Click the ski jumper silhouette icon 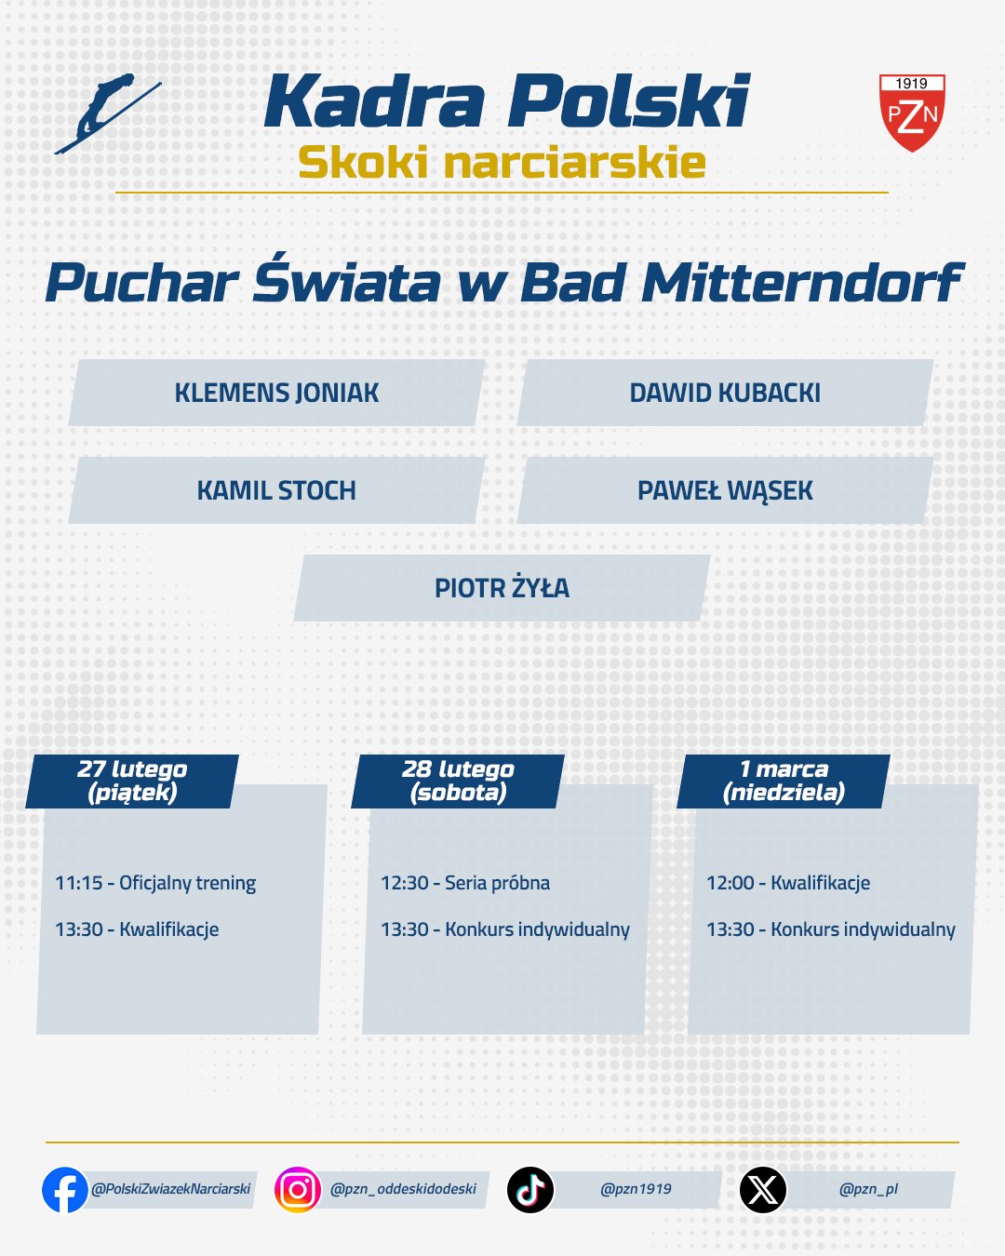[x=105, y=113]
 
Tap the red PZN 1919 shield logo [x=912, y=114]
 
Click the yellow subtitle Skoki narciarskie [x=502, y=163]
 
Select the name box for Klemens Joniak [x=276, y=394]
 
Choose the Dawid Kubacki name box [x=725, y=394]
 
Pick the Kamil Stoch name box [x=276, y=490]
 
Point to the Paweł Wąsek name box [x=725, y=490]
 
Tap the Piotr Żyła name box [x=502, y=588]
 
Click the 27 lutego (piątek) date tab [x=132, y=781]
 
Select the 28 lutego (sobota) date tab [x=458, y=781]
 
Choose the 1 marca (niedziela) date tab [x=784, y=781]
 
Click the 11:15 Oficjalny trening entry [x=155, y=883]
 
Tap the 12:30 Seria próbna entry [x=465, y=883]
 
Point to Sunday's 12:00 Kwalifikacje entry [x=788, y=883]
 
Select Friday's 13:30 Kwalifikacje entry [x=137, y=929]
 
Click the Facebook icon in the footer [x=65, y=1189]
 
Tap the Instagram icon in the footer [x=298, y=1189]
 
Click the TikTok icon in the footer [x=530, y=1189]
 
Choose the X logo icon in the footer [x=763, y=1189]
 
